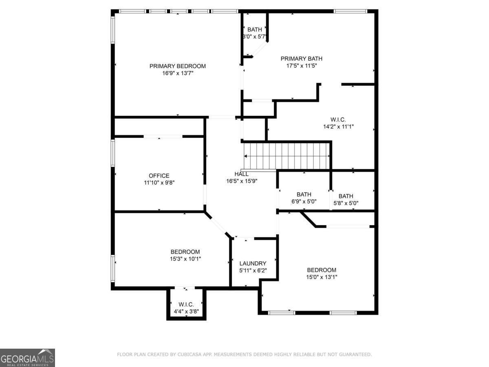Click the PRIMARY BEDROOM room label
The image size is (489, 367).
coord(177,66)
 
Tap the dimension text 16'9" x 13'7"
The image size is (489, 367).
coord(177,73)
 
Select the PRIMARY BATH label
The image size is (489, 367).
coord(301,58)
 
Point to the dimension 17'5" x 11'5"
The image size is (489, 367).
coord(301,66)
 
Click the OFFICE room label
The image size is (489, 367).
coord(159,176)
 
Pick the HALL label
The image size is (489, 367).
coord(242,174)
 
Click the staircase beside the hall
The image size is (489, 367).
coord(287,156)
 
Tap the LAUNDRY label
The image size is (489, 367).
coord(253,263)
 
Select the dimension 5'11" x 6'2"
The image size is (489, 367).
coord(253,271)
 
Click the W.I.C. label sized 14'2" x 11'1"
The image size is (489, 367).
coord(338,119)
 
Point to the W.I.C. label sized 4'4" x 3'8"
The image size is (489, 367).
coord(186,305)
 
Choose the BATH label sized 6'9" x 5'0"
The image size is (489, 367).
coord(304,195)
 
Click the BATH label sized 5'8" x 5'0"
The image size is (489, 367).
coord(346,196)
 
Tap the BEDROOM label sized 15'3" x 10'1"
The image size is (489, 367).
coord(185,252)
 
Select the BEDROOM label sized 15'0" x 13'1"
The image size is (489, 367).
coord(322,270)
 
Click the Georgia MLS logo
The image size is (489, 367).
coord(27,358)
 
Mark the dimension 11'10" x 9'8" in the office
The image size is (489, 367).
coord(159,183)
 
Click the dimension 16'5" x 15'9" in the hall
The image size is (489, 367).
coord(242,181)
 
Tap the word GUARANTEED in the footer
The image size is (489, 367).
coord(352,355)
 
